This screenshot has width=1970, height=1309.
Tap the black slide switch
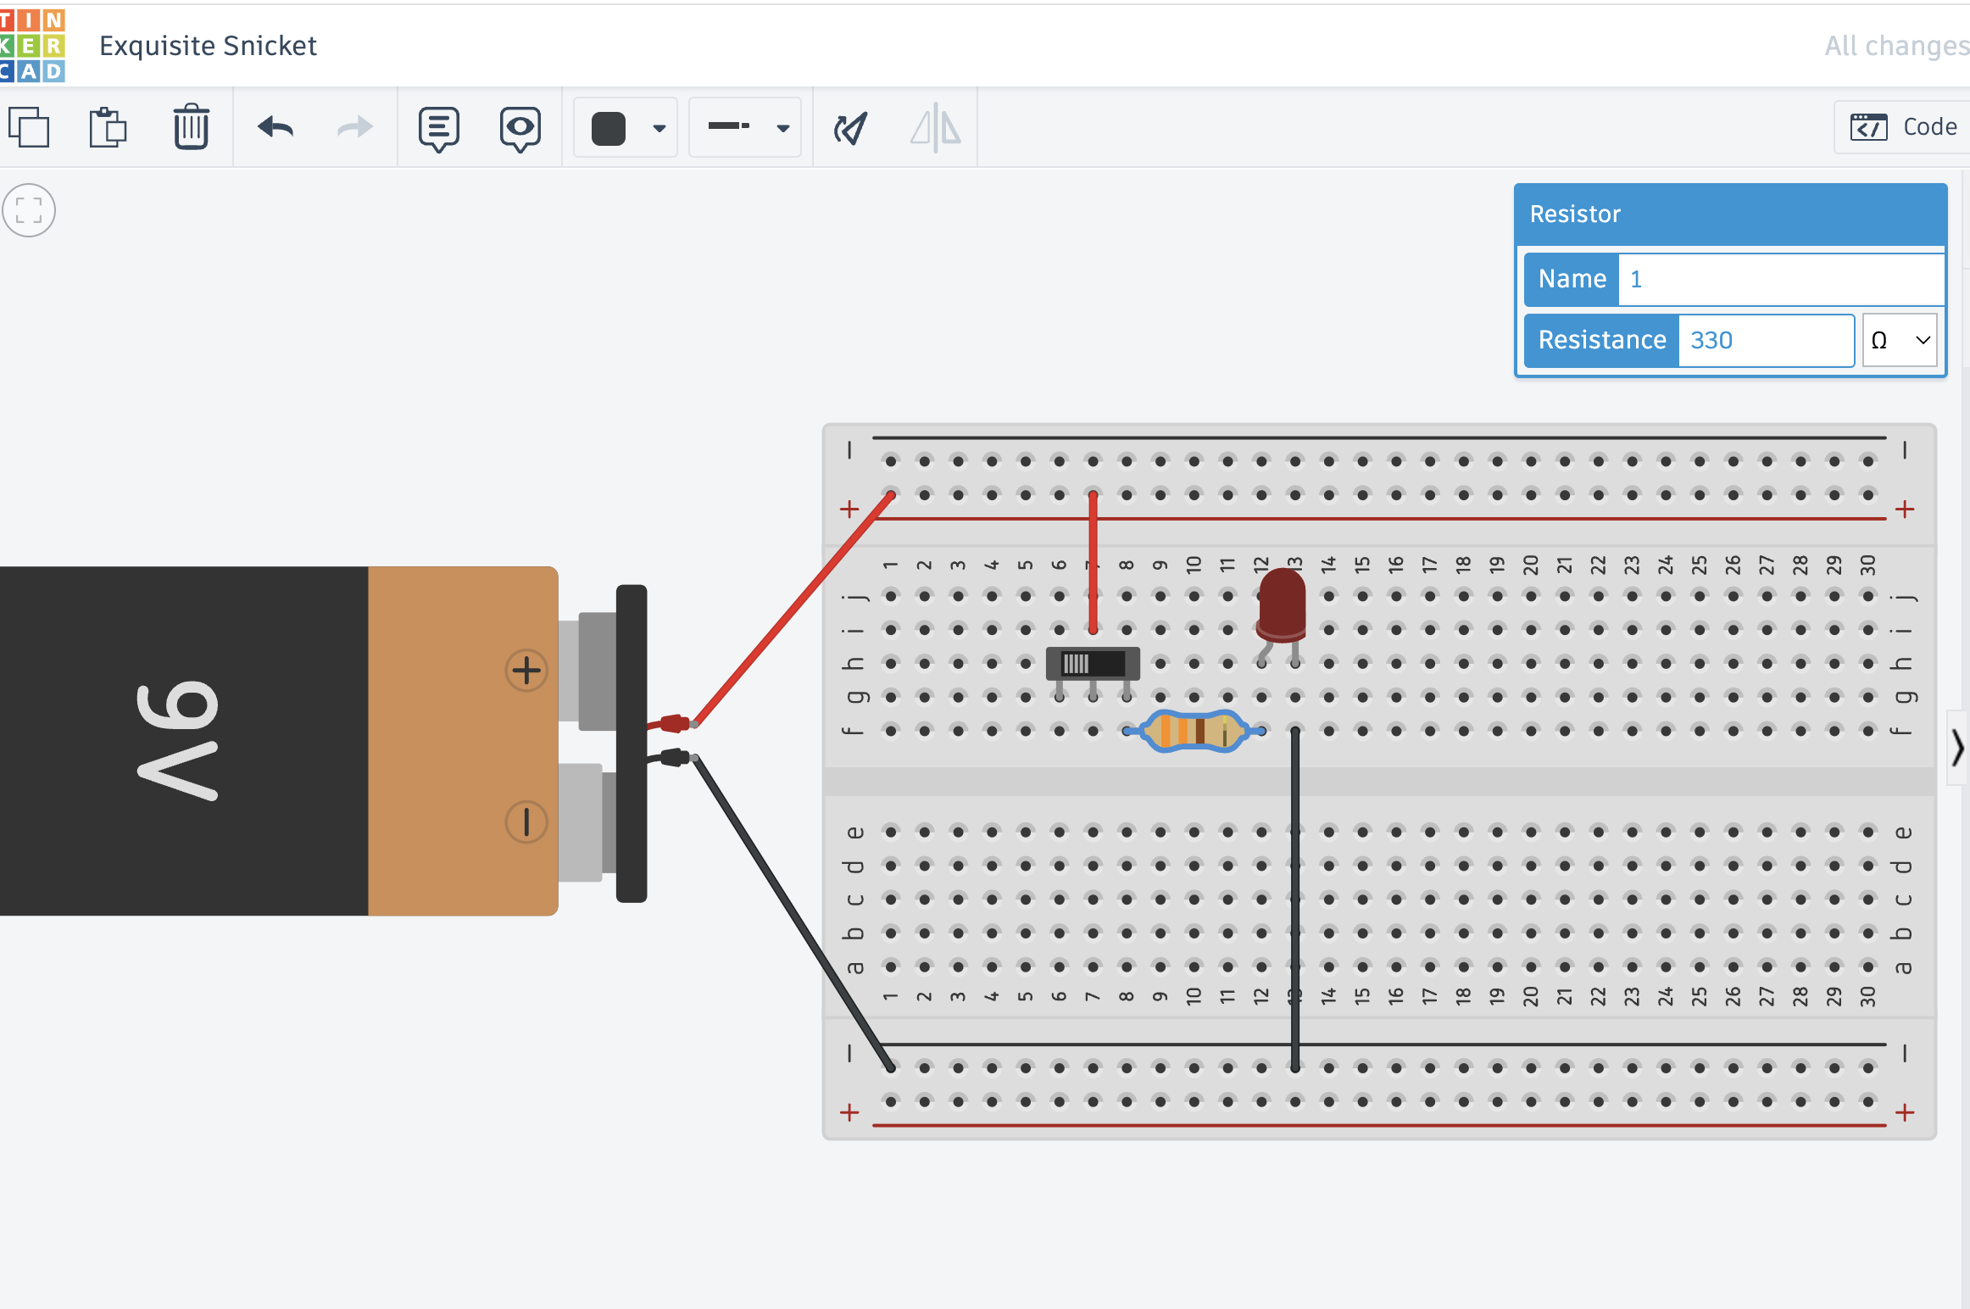click(x=1093, y=663)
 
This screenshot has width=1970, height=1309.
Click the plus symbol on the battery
click(x=526, y=671)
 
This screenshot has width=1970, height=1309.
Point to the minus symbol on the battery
click(x=526, y=822)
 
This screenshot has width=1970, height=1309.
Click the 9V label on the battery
click(x=178, y=741)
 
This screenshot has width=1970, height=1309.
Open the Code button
click(x=1904, y=127)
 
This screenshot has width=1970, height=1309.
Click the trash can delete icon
click(x=191, y=127)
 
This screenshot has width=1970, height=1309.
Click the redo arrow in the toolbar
click(x=354, y=127)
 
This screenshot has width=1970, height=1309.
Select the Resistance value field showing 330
click(x=1765, y=340)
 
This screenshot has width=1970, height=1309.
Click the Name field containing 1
click(x=1780, y=279)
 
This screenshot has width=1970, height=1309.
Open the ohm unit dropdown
click(x=1900, y=340)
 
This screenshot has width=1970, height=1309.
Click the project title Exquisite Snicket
click(x=208, y=46)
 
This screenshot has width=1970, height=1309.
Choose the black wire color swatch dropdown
click(x=626, y=128)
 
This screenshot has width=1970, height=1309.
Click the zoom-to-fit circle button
click(x=29, y=210)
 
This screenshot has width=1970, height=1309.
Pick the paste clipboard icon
click(x=108, y=127)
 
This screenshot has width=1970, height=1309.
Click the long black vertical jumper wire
click(x=1294, y=899)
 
